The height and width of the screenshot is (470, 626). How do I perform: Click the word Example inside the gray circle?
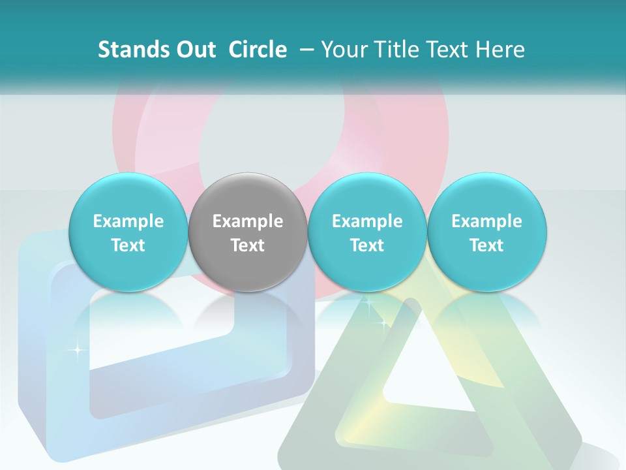(x=248, y=221)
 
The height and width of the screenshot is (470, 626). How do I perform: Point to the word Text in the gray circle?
(x=248, y=245)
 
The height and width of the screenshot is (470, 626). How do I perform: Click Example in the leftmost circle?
(x=128, y=221)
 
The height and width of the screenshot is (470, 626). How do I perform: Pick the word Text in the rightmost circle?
(x=487, y=245)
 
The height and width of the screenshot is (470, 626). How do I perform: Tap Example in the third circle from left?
(x=367, y=221)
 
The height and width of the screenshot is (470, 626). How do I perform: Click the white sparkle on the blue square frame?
(x=77, y=351)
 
